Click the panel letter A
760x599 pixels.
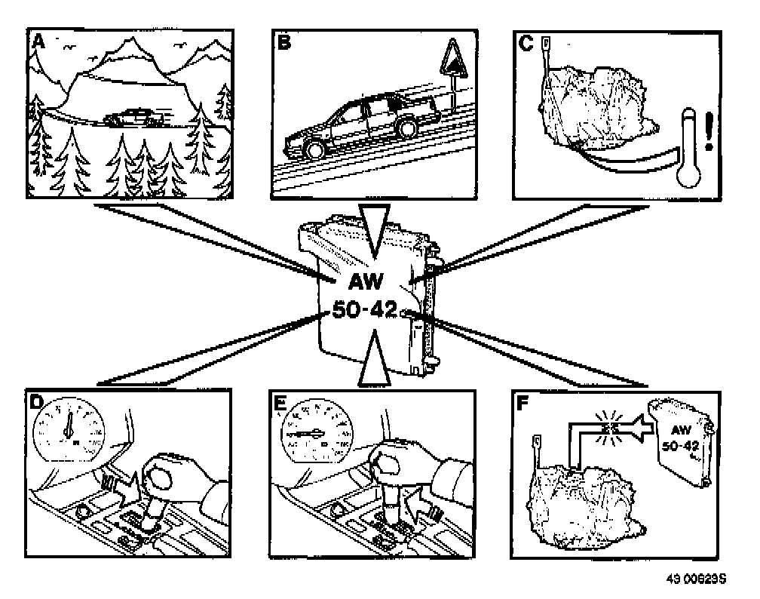35,43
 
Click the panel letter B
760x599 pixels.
284,43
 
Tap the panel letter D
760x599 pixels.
35,401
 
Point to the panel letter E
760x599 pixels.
280,401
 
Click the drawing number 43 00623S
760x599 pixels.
695,579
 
